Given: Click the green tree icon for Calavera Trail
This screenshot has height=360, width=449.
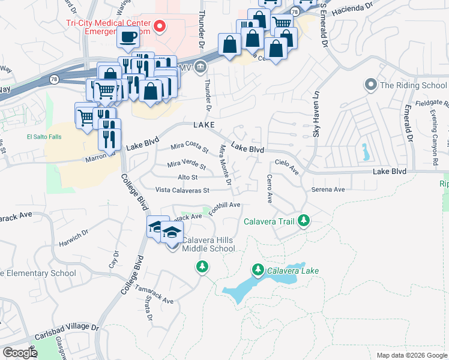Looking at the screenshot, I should pos(304,221).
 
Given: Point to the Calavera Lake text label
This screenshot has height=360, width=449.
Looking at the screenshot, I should pos(293,271).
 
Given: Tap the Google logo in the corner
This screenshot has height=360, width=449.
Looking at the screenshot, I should pos(20,352).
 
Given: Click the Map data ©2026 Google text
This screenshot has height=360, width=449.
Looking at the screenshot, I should pos(411,355).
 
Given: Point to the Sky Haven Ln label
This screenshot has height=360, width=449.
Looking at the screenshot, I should pos(314,114).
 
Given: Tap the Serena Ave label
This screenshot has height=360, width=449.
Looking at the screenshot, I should pos(328,190).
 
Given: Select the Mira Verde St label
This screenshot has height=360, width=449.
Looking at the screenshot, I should pos(187,164).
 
